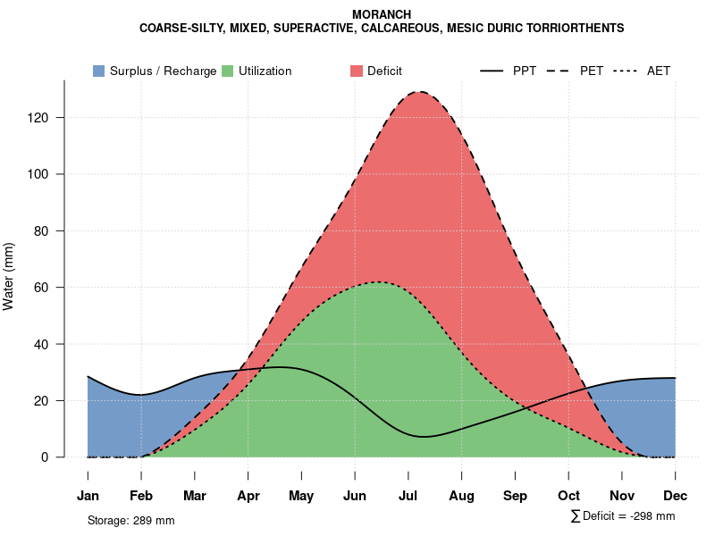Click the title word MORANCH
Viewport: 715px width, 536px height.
[382, 15]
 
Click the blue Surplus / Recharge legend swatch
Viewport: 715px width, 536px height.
[98, 71]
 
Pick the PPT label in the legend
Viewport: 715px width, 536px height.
[525, 71]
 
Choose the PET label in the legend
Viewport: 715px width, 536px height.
[592, 71]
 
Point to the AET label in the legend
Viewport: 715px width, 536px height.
[659, 71]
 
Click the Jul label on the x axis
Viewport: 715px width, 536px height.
[408, 496]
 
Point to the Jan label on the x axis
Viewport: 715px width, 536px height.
[88, 496]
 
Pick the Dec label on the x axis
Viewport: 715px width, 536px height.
[675, 496]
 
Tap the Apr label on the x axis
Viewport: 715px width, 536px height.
[248, 496]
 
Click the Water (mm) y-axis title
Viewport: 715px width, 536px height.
[9, 277]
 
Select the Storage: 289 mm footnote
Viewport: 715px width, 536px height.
[130, 520]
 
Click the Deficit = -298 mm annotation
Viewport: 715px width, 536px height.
[628, 516]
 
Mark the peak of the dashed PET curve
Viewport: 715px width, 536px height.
[418, 92]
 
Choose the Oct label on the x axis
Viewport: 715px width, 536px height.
[568, 496]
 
